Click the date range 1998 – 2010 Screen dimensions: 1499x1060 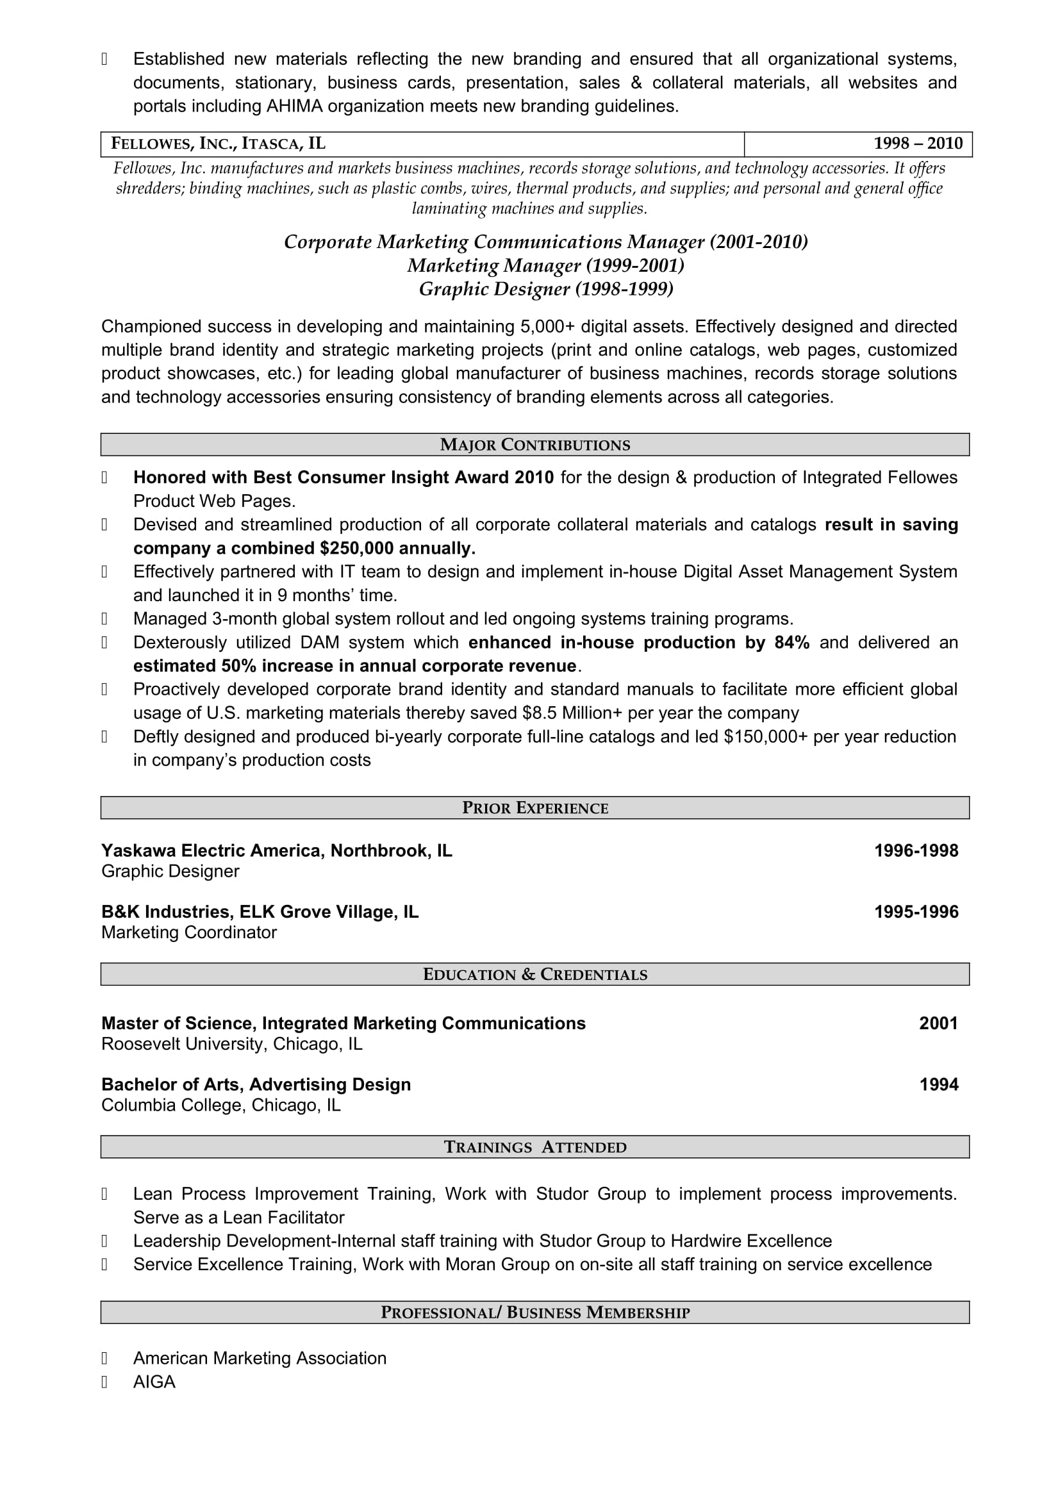coord(918,144)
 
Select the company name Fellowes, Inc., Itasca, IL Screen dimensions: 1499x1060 coord(218,144)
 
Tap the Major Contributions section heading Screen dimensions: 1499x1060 coord(534,445)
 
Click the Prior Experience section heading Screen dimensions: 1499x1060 coord(534,808)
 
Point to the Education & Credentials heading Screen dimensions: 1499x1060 coord(534,975)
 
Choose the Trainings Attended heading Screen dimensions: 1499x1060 coord(534,1147)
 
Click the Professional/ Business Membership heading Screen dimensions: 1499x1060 coord(534,1313)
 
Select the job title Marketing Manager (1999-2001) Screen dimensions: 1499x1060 coord(545,266)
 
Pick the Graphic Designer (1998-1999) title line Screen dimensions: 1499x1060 coord(545,289)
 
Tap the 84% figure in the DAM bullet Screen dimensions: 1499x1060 coord(791,642)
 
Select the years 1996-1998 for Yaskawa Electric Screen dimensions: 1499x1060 coord(916,850)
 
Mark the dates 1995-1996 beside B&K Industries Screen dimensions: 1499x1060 coord(916,911)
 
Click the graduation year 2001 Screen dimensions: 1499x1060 coord(938,1023)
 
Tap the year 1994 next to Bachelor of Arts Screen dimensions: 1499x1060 coord(939,1084)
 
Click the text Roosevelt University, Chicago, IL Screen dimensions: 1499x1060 coord(232,1044)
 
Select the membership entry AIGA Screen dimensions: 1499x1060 coord(154,1382)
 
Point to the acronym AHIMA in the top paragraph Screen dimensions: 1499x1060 coord(294,106)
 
